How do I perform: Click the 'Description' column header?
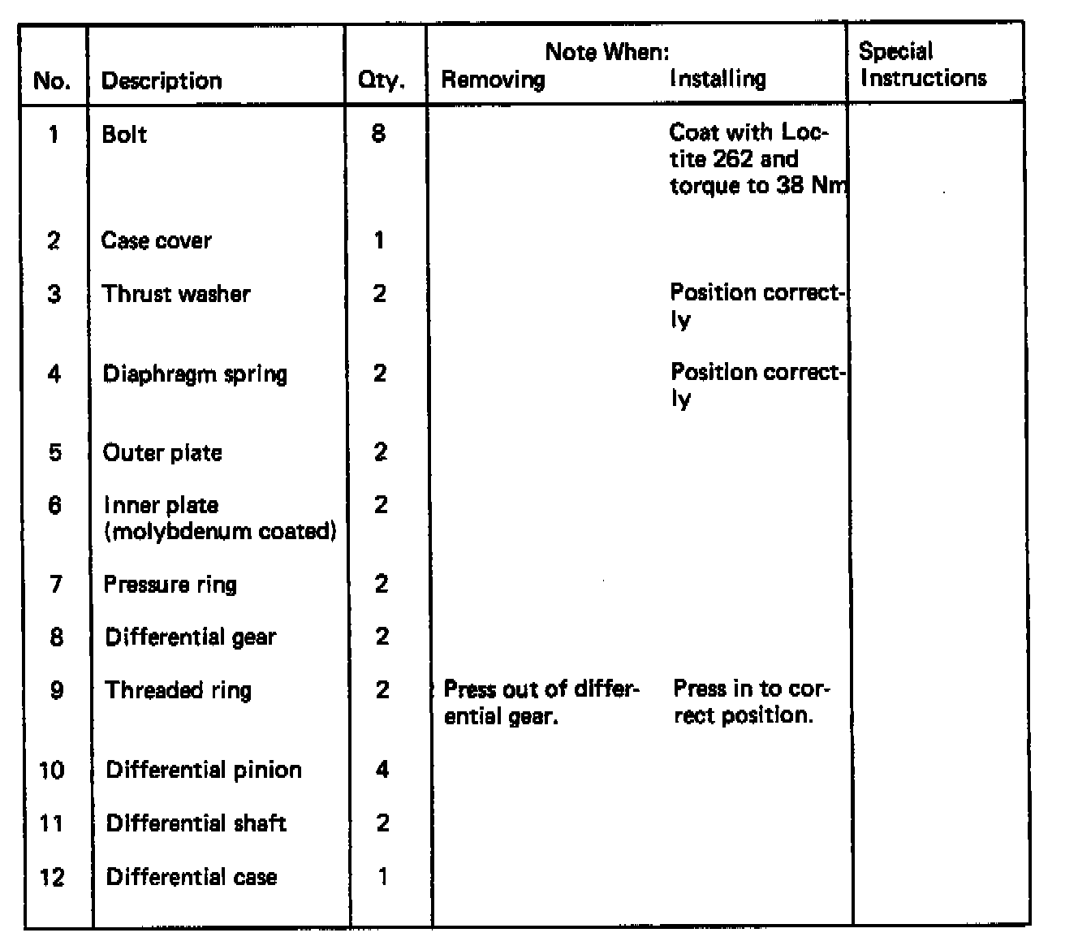tap(162, 81)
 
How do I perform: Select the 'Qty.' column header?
tap(381, 81)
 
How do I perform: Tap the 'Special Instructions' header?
tap(923, 65)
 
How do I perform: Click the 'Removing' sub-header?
tap(493, 80)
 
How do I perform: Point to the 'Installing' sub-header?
tap(718, 79)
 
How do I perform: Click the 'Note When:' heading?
tap(607, 53)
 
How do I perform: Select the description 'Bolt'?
tap(124, 134)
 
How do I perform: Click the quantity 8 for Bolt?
tap(378, 133)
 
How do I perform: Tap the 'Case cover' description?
tap(156, 240)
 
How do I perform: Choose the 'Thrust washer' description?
tap(176, 294)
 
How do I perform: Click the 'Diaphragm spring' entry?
tap(195, 374)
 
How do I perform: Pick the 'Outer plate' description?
tap(162, 452)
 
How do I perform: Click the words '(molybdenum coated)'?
tap(220, 532)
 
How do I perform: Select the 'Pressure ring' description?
tap(170, 585)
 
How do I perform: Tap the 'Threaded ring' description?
tap(179, 690)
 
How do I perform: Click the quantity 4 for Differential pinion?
tap(382, 769)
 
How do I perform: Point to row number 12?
tap(52, 877)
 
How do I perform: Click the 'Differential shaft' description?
tap(196, 823)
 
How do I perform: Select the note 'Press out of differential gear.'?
tap(541, 702)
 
